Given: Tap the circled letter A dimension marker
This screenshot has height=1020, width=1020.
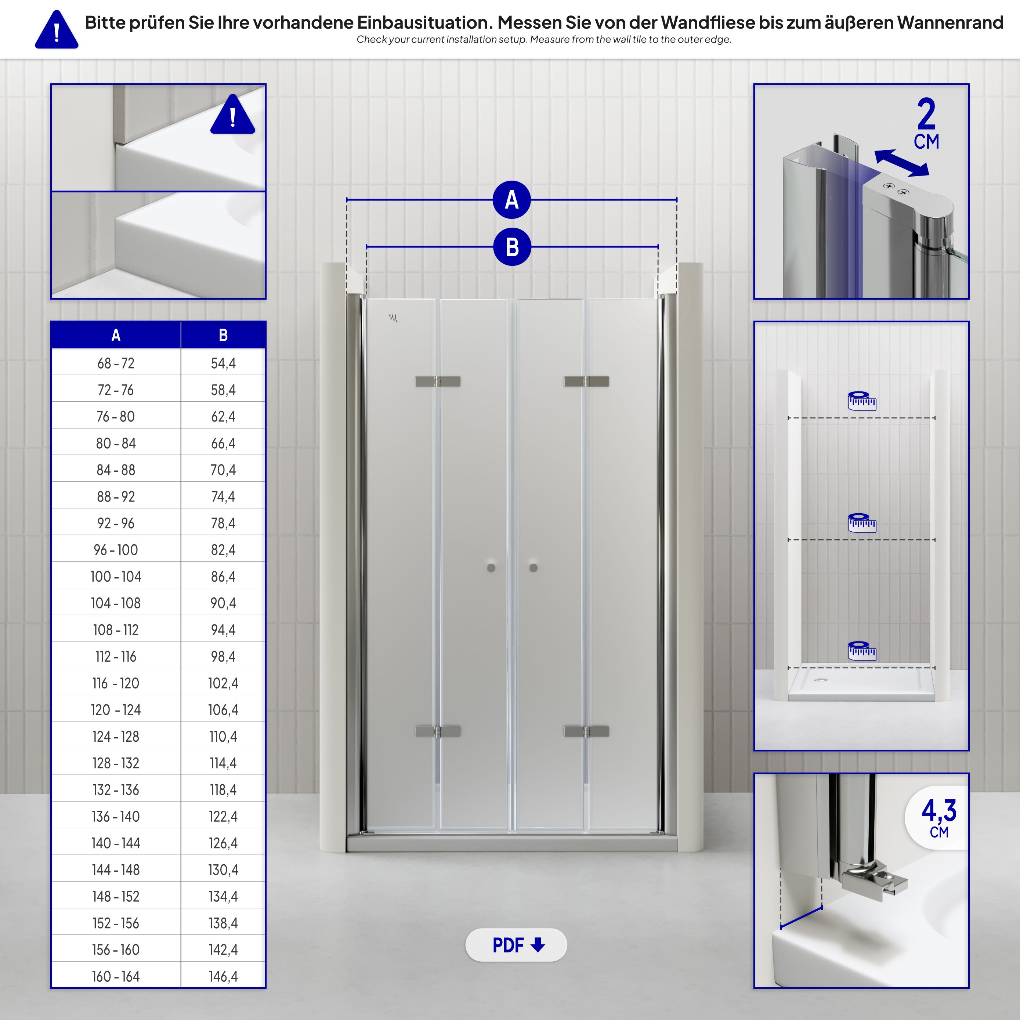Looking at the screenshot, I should tap(511, 200).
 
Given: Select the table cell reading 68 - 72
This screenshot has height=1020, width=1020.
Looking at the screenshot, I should tap(116, 363).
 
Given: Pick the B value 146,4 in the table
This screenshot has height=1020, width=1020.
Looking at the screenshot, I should tap(223, 976).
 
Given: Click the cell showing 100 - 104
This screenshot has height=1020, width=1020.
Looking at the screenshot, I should tap(116, 576).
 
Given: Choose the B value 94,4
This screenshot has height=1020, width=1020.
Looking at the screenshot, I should tap(223, 630).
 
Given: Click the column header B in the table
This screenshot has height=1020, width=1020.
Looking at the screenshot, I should tap(223, 335).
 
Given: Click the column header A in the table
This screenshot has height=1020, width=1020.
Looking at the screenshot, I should tap(116, 335).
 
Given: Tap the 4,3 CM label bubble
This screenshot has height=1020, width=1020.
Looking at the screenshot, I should tap(938, 818).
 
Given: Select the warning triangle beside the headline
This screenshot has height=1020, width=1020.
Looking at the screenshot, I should tap(57, 30).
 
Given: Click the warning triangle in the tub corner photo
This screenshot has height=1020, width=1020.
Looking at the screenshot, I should tap(232, 116).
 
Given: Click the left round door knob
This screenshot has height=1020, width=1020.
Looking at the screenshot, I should tap(491, 568).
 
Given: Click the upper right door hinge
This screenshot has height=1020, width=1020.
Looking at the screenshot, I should tap(586, 381).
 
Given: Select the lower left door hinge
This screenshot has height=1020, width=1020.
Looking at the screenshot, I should tap(438, 731).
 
